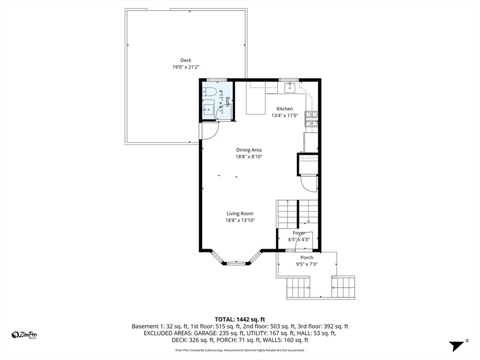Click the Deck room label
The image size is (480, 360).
(186, 60)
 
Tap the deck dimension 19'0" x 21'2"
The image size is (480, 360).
(186, 67)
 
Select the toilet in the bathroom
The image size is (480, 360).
(209, 92)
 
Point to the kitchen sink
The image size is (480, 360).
(289, 87)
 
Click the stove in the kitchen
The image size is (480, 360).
(311, 119)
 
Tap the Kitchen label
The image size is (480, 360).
(285, 109)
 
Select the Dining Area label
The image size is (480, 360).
(248, 150)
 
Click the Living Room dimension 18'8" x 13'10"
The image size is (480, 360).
(240, 220)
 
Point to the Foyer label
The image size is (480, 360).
(299, 233)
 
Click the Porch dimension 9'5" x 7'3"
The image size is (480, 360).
(307, 264)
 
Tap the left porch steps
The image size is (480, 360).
(298, 287)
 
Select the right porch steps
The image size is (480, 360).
(343, 287)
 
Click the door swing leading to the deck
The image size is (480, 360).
(208, 131)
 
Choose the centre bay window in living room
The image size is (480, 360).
(236, 263)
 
